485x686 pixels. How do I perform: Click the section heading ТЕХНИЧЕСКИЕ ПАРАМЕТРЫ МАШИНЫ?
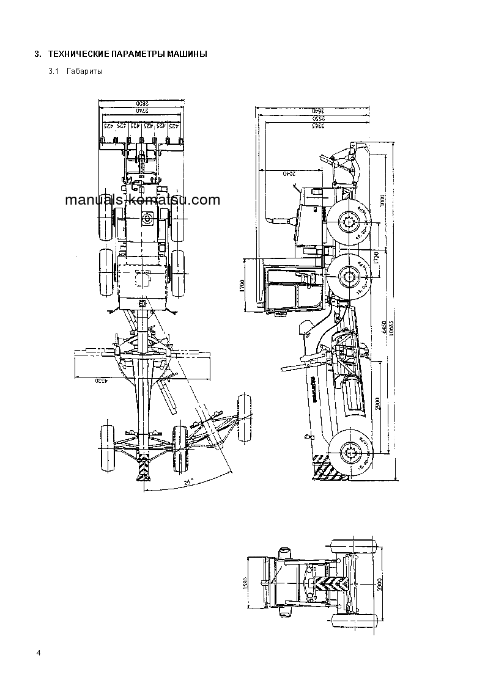pos(127,54)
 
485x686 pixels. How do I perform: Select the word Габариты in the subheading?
pos(82,72)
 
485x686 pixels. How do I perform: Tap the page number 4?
pos(39,654)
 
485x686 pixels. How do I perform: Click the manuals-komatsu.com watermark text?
pos(141,200)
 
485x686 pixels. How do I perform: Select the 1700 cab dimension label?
pos(243,285)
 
